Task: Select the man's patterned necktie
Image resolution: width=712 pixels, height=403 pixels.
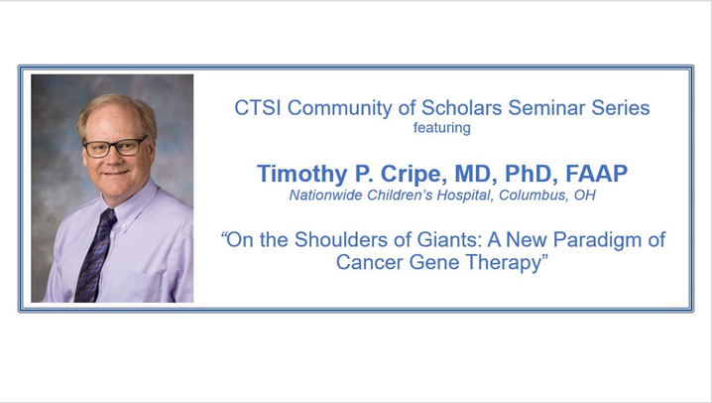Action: pos(98,258)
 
